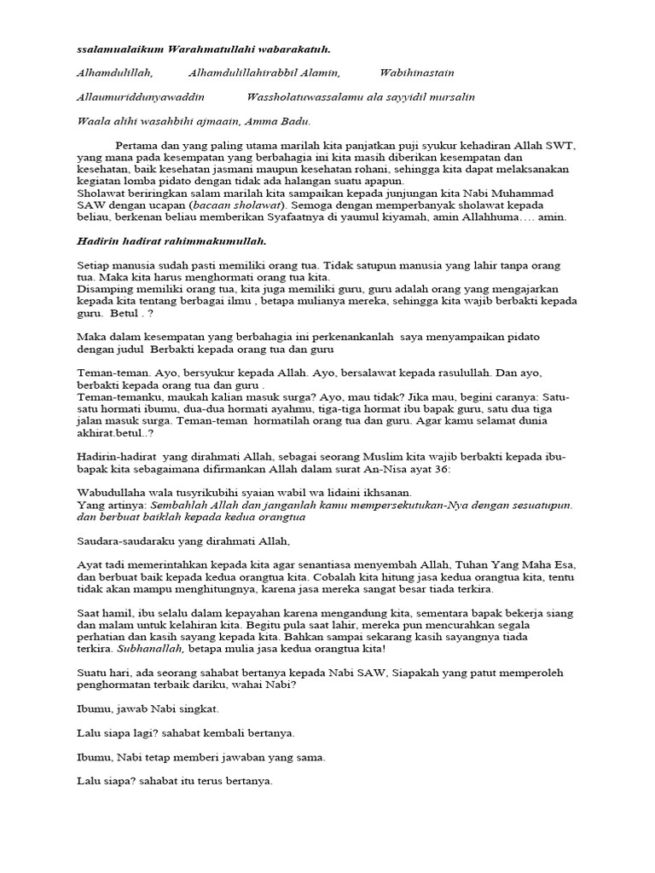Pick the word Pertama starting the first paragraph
pos(140,147)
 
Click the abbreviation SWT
pos(560,147)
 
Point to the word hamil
pos(119,613)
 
